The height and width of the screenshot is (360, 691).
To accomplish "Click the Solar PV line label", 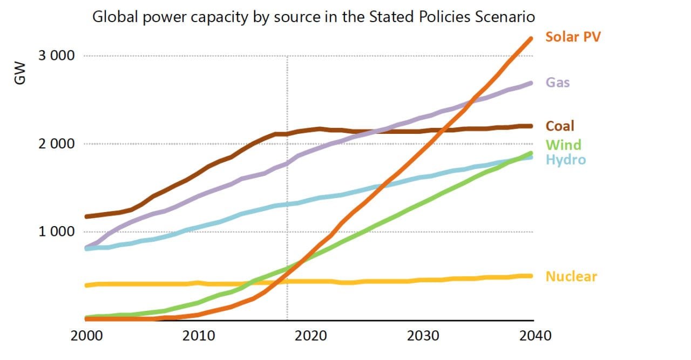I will point(573,37).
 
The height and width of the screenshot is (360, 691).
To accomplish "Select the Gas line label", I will point(558,83).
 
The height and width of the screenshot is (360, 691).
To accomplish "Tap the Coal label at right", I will point(560,126).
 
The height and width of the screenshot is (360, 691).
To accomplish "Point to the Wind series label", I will point(563,145).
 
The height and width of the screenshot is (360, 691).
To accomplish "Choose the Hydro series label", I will point(565,159).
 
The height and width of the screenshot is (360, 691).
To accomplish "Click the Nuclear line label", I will point(571,276).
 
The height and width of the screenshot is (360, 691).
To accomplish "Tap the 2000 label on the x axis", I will point(87,336).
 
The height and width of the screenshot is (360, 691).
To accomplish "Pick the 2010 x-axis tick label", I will point(199,336).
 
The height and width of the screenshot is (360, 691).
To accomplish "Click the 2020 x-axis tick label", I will point(311,336).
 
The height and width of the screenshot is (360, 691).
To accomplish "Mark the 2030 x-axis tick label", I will point(423,336).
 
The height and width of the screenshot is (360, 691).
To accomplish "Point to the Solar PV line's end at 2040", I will point(531,38).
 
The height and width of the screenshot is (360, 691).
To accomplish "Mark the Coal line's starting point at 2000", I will point(87,216).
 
